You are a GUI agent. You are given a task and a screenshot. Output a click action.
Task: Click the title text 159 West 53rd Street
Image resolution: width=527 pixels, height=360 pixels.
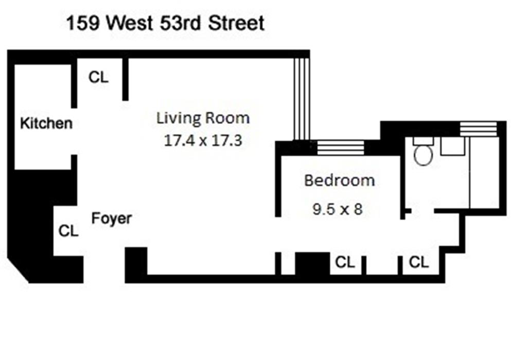[165, 24]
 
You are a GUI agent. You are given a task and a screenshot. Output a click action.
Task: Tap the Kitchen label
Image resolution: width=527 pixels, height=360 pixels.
[46, 123]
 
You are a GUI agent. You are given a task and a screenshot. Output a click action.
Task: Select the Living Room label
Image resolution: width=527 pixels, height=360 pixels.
[203, 118]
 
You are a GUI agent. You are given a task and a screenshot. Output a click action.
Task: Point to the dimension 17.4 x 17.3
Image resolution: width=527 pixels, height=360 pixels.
[203, 140]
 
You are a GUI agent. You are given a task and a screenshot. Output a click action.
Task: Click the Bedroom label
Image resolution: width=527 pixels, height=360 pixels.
[339, 181]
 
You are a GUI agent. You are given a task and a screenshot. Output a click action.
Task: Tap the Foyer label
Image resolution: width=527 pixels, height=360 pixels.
[111, 218]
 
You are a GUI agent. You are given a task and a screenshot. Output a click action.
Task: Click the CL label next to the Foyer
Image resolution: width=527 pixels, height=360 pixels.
[68, 231]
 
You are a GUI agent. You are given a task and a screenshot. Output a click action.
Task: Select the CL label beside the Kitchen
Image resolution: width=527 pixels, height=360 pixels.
[99, 77]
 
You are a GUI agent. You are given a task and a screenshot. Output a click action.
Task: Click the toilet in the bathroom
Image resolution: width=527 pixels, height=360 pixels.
[423, 154]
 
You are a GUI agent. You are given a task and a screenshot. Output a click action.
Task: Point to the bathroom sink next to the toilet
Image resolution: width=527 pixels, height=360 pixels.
[453, 146]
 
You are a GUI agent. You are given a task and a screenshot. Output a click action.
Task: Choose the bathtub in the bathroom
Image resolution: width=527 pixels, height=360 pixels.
[485, 172]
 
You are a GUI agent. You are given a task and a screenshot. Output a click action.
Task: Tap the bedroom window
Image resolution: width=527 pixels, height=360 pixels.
[340, 148]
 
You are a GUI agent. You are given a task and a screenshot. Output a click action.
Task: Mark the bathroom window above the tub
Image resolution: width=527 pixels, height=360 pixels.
[479, 129]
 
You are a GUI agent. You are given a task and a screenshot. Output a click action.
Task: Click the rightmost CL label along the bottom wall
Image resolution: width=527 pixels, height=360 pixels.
[418, 262]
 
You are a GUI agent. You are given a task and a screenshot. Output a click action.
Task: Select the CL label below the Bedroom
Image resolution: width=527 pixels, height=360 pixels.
[345, 262]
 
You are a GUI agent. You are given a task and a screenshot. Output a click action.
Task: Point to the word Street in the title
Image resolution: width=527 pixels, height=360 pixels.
[236, 24]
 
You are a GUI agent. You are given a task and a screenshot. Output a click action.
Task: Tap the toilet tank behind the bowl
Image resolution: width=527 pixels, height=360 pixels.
[423, 140]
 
